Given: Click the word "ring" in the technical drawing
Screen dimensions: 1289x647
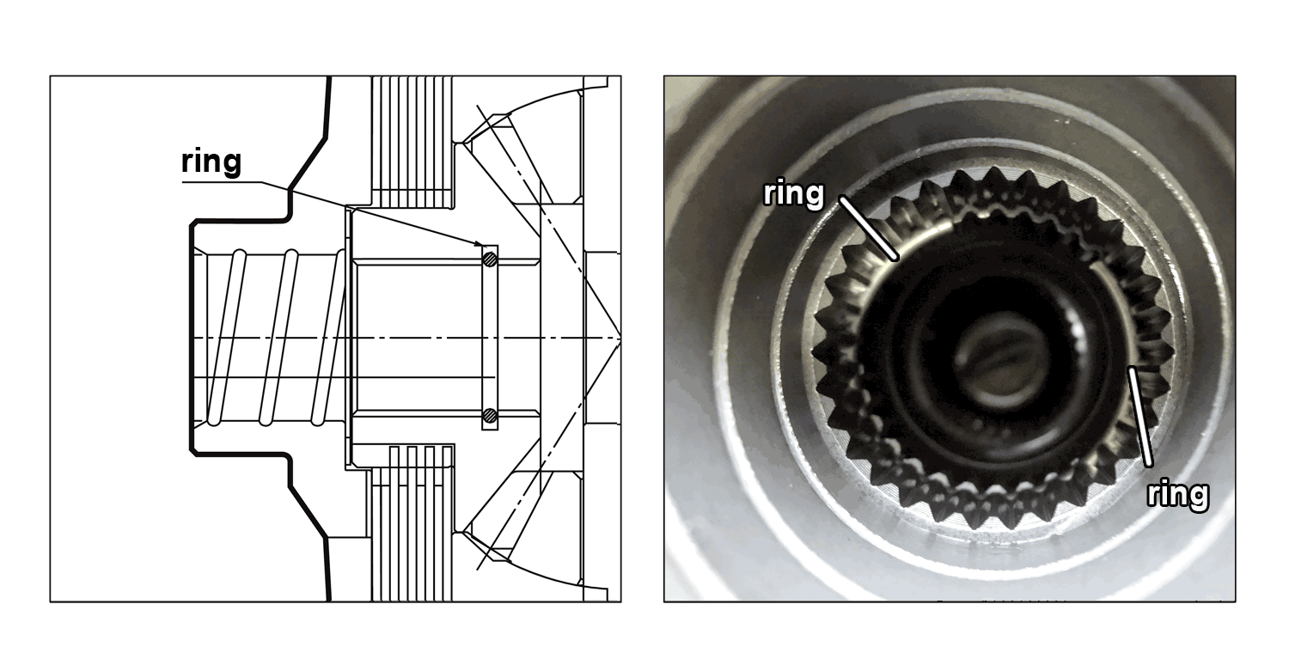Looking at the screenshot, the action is tap(211, 162).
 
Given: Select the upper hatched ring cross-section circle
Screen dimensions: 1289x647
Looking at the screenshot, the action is tap(490, 259).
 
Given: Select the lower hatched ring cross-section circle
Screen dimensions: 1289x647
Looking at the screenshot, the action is tap(490, 414).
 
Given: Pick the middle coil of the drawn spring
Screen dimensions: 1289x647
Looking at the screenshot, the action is tap(278, 338).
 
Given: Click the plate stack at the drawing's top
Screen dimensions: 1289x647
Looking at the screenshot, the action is tap(412, 142).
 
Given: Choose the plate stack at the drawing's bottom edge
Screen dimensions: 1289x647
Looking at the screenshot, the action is tap(412, 524).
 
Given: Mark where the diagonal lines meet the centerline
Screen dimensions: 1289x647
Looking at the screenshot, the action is tap(620, 338).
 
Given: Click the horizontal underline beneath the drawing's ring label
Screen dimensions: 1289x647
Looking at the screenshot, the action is tap(222, 182).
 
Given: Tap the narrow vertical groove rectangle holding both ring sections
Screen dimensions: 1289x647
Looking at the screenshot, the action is tap(490, 338).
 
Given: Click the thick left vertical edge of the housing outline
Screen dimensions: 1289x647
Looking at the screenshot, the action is tap(192, 338).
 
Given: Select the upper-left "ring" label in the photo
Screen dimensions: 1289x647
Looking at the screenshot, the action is tap(793, 193).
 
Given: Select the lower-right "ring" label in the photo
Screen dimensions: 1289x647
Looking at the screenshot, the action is tap(1178, 494).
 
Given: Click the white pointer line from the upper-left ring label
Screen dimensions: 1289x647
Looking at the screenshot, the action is tap(869, 229).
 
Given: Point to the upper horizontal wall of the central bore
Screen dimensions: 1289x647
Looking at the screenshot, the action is tap(446, 262).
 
